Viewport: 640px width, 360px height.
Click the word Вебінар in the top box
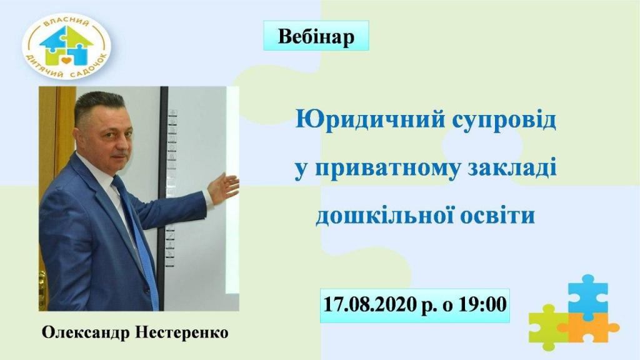pos(316,36)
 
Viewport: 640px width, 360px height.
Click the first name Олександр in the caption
pos(86,332)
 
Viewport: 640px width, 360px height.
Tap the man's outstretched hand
pos(223,187)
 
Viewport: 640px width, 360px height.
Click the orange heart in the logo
pos(66,61)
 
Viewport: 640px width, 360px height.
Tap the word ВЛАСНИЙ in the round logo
pos(66,24)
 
